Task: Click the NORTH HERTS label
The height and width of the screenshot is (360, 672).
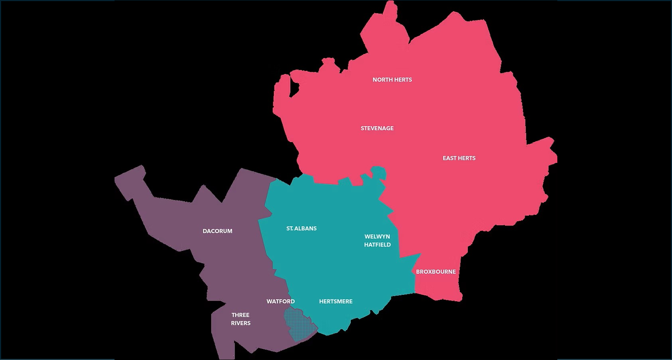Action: (392, 80)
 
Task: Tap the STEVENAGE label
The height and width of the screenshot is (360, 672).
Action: (377, 128)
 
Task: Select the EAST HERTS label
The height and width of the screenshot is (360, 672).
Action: (459, 158)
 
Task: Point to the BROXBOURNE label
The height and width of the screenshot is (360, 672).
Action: (436, 271)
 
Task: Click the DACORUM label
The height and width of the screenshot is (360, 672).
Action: (217, 231)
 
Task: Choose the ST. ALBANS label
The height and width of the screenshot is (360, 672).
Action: (301, 228)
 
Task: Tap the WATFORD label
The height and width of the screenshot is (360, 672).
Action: (280, 301)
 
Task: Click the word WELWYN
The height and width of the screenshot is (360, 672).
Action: (377, 237)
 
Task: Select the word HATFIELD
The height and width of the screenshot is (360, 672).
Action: (377, 245)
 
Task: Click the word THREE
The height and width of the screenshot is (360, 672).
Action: (240, 315)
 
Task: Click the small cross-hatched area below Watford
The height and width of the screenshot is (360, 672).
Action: (299, 326)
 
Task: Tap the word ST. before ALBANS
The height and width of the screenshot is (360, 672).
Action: (290, 228)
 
